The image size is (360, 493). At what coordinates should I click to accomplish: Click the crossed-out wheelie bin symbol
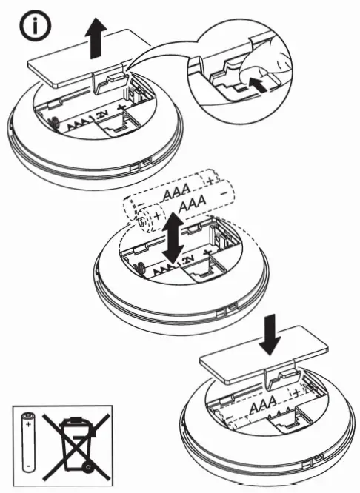tap(73, 444)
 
